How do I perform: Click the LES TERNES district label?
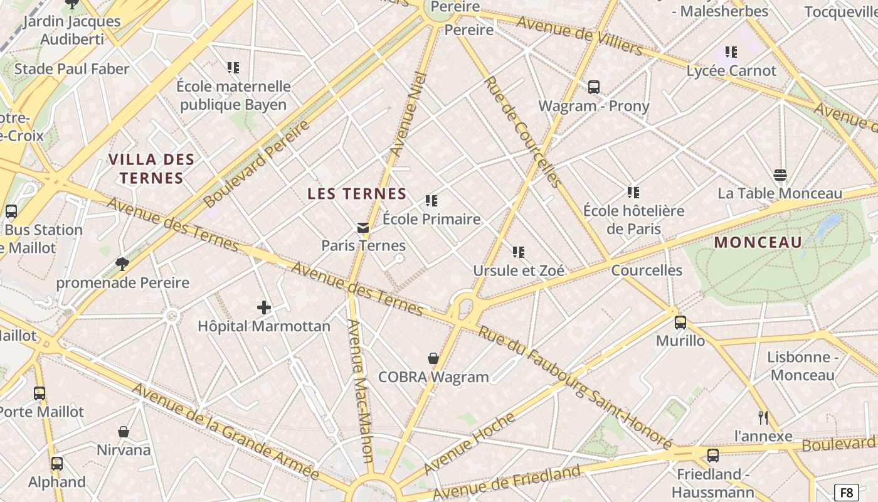357,194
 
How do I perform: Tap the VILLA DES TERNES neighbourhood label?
152,169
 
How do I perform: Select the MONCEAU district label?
758,242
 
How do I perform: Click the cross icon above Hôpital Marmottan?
264,307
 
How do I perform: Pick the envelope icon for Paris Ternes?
363,227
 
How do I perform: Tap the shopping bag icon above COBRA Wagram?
433,358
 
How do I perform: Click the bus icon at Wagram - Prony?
593,87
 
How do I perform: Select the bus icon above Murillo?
680,323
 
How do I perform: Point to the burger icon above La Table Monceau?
780,174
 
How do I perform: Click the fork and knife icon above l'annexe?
763,417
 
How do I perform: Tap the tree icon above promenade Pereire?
122,264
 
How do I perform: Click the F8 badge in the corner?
847,492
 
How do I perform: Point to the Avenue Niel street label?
408,114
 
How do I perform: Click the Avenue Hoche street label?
469,443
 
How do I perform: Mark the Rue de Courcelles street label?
522,132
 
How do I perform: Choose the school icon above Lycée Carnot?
731,52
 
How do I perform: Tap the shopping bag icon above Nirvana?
124,432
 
